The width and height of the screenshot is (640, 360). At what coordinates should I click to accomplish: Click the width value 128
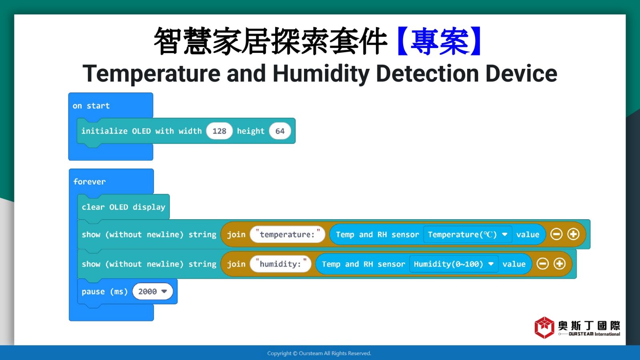219,131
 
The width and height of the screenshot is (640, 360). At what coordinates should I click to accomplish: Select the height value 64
280,131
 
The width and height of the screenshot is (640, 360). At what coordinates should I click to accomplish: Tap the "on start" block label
91,106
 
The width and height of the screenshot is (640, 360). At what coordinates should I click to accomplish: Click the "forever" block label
90,182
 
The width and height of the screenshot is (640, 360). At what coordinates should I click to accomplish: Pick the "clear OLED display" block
124,207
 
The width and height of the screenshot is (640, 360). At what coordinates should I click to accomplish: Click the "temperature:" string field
287,234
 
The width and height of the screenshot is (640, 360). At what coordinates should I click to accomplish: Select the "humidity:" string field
280,264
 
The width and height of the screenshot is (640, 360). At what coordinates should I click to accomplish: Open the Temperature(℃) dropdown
468,234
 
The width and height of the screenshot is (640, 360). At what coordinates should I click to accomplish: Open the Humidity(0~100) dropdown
454,264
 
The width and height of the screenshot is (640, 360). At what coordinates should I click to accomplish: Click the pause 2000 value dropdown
152,292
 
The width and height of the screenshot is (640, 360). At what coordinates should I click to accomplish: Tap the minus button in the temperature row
556,234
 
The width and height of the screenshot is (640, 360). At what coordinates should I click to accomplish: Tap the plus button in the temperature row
573,234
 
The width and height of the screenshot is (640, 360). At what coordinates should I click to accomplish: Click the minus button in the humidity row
542,264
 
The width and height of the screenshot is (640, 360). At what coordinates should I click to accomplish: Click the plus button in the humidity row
560,264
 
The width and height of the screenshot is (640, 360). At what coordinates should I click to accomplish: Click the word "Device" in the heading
521,74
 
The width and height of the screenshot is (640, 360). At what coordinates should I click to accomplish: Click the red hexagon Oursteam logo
544,328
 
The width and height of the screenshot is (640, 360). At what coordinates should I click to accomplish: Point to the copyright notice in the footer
319,354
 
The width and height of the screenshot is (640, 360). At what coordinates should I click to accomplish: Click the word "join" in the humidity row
236,264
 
